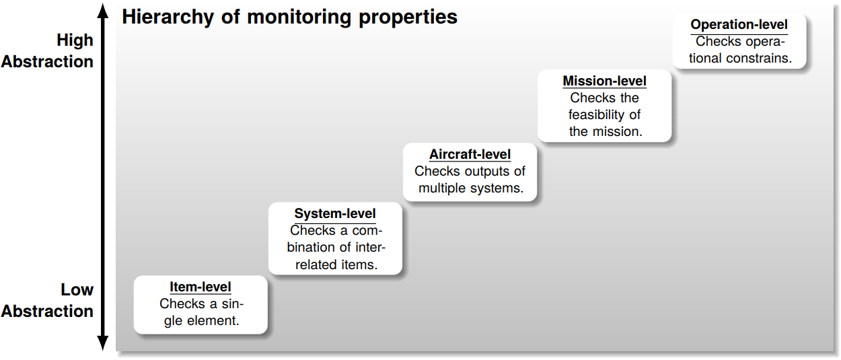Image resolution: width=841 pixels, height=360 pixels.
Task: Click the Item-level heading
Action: coord(200,287)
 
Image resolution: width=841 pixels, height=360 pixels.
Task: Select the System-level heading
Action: coord(335,214)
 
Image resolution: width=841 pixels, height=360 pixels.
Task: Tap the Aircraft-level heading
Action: coord(470,155)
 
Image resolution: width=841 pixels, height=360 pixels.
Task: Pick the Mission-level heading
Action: coord(605,81)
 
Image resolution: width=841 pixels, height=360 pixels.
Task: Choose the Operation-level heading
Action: coord(739,25)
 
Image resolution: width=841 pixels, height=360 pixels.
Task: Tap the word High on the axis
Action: coord(75,40)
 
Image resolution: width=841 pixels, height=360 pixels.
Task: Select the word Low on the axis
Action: coord(77,290)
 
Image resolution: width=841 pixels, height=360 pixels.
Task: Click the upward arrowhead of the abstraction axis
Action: coord(102,9)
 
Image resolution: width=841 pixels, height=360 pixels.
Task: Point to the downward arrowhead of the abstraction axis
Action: coord(102,344)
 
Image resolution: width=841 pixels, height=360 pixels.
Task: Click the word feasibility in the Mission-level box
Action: coord(604,114)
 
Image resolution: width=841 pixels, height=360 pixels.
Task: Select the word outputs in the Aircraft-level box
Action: coord(482,172)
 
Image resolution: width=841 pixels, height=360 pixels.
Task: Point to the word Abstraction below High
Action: coord(47,61)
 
